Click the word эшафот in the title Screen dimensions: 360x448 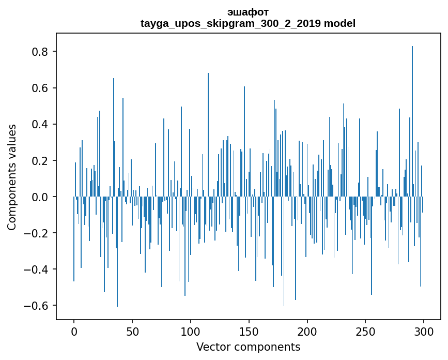[x=248, y=12]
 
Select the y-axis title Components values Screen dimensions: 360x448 [x=12, y=177]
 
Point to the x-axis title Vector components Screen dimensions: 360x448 [x=248, y=347]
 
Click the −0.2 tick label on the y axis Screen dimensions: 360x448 [x=37, y=233]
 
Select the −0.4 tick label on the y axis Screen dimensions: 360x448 [x=37, y=269]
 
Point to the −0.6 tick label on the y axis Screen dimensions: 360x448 [x=37, y=306]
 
